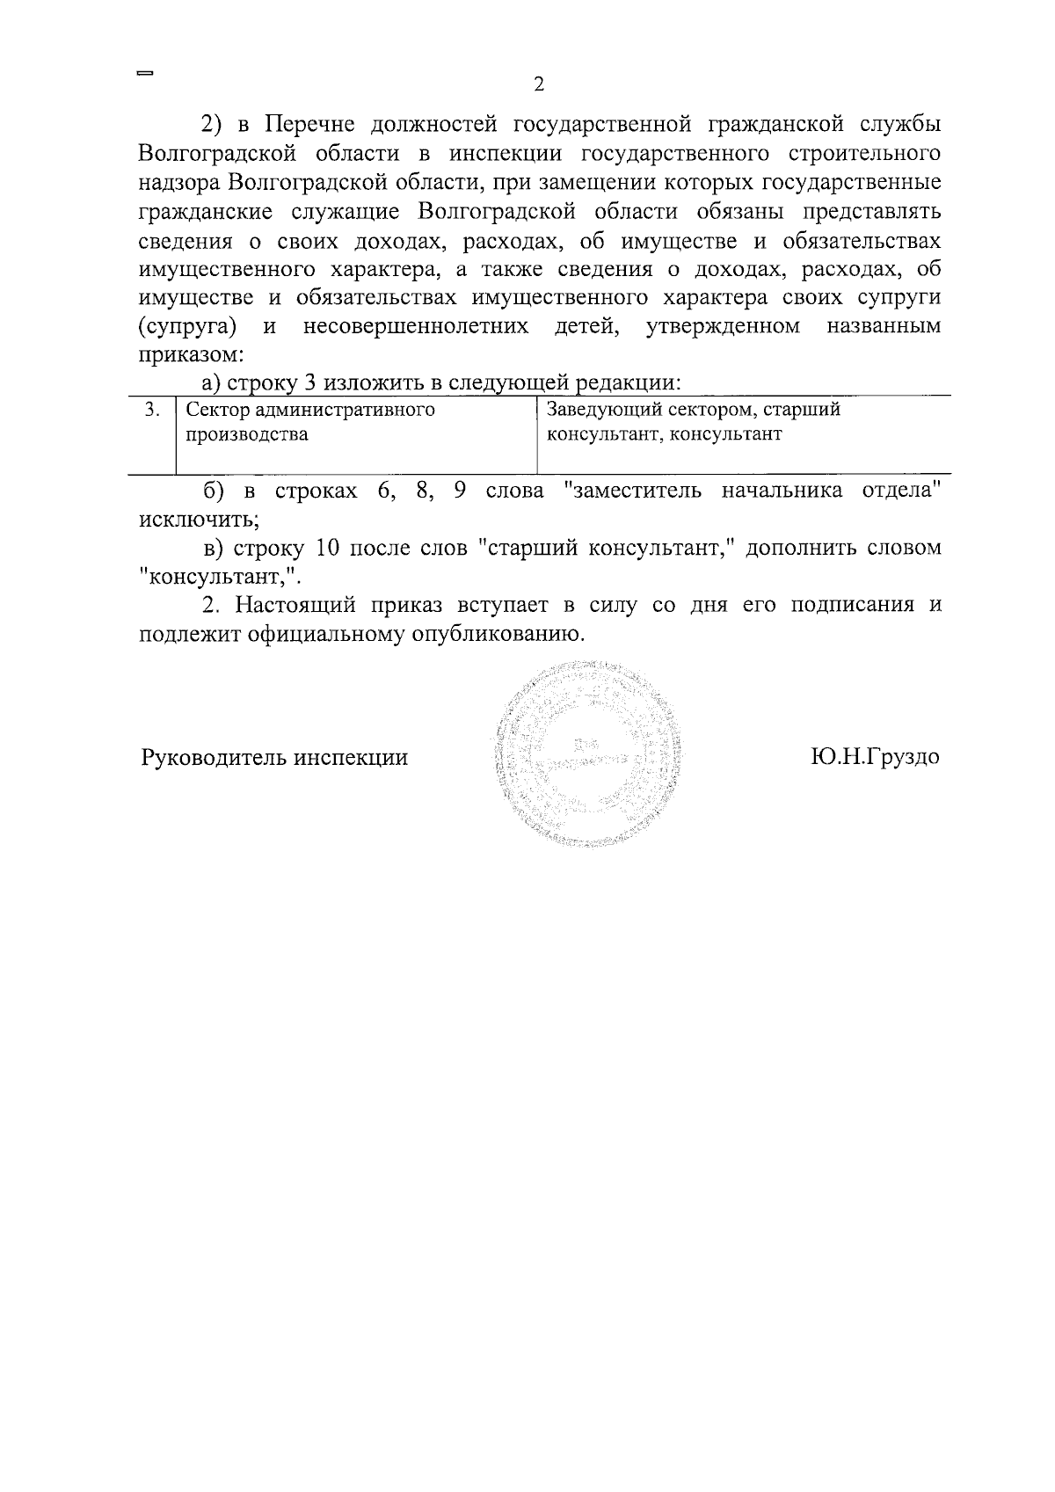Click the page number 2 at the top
[539, 84]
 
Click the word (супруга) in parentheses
[187, 326]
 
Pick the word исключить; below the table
[200, 519]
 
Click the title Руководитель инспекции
[275, 757]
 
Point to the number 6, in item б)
[388, 491]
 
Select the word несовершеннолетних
[416, 326]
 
